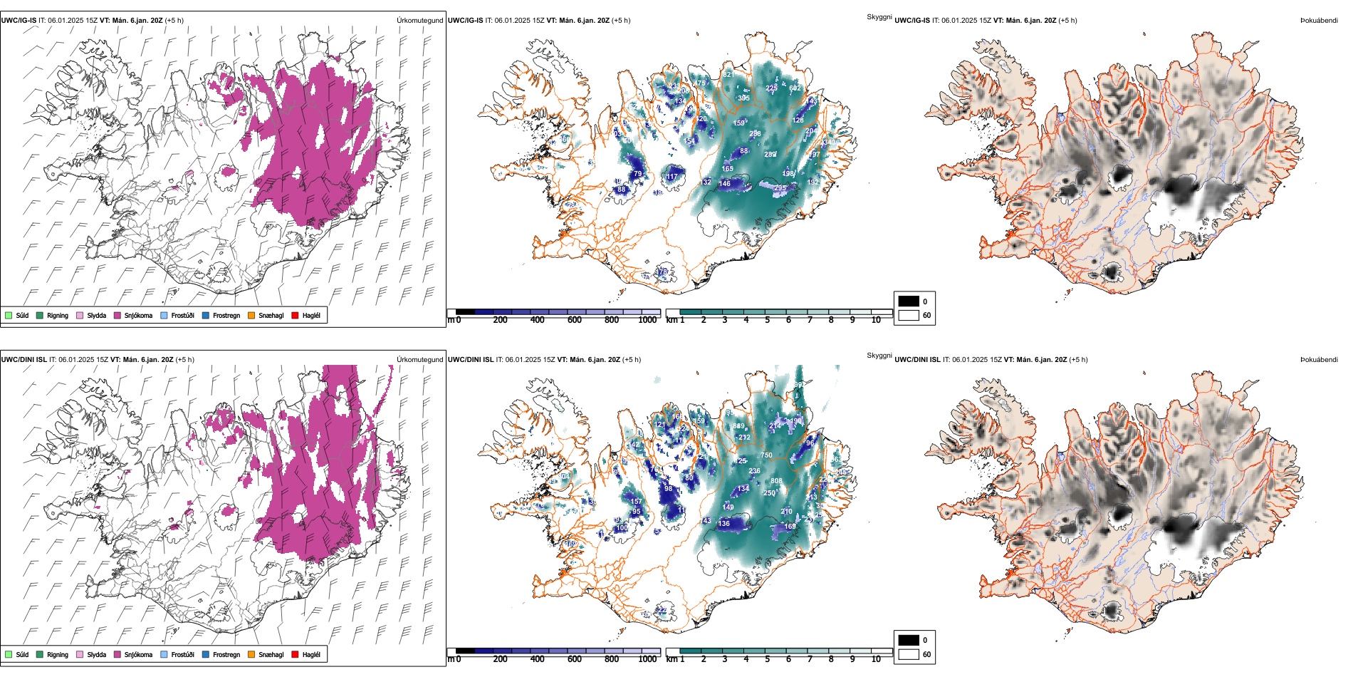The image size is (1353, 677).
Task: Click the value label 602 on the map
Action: coord(795,88)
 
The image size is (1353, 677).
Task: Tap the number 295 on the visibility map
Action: coord(780,188)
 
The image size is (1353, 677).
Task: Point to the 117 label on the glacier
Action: coord(672,177)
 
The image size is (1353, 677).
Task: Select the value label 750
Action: coord(766,455)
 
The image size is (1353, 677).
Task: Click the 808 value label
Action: coord(776,481)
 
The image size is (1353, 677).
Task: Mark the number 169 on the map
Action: coord(790,527)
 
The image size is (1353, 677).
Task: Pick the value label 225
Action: coord(772,88)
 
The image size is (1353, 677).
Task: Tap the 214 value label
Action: coord(775,426)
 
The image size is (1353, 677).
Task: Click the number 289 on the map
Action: coord(770,155)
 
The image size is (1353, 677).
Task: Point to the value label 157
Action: coord(636,502)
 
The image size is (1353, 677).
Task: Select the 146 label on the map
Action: coord(724,184)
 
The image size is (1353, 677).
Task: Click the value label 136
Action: coord(723,524)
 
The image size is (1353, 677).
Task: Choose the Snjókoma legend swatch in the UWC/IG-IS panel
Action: coord(117,315)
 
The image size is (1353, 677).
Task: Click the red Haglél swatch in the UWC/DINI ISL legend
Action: coord(296,654)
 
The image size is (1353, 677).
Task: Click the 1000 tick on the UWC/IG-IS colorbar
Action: coord(647,320)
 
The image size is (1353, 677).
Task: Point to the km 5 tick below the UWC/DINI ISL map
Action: coord(767,659)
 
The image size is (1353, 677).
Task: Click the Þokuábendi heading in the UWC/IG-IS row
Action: coord(1319,21)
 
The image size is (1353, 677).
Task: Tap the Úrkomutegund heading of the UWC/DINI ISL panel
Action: coord(419,360)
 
